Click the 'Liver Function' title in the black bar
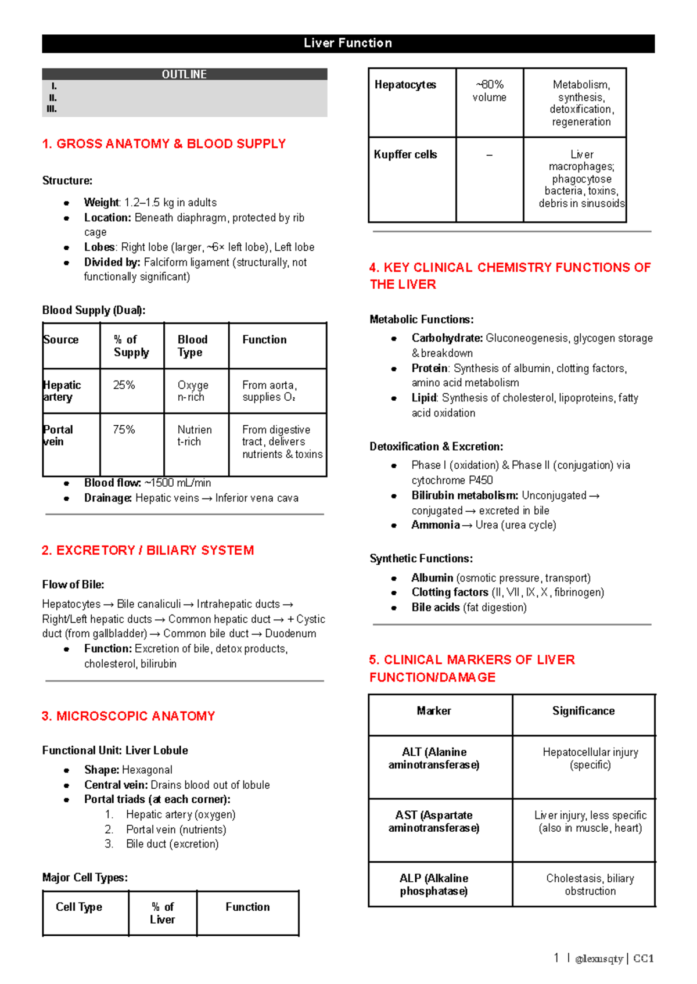pyautogui.click(x=348, y=43)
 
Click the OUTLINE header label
pyautogui.click(x=184, y=74)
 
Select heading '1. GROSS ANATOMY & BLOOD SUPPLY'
pyautogui.click(x=164, y=143)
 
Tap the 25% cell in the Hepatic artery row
pyautogui.click(x=124, y=385)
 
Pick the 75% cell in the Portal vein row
pyautogui.click(x=124, y=430)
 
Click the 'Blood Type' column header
pyautogui.click(x=192, y=346)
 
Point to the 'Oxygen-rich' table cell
pyautogui.click(x=192, y=391)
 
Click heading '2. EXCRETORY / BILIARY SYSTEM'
pyautogui.click(x=148, y=550)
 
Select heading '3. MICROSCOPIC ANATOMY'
pyautogui.click(x=128, y=716)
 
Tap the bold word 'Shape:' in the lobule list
pyautogui.click(x=102, y=770)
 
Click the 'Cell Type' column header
pyautogui.click(x=79, y=907)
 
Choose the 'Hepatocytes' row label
pyautogui.click(x=405, y=85)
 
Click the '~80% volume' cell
pyautogui.click(x=489, y=91)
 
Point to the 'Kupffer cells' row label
pyautogui.click(x=405, y=155)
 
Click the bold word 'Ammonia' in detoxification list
pyautogui.click(x=435, y=525)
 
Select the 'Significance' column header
pyautogui.click(x=583, y=711)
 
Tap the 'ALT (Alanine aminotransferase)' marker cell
pyautogui.click(x=434, y=759)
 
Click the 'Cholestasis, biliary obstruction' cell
pyautogui.click(x=590, y=885)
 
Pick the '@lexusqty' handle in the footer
pyautogui.click(x=599, y=959)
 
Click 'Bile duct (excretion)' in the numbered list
pyautogui.click(x=173, y=844)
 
